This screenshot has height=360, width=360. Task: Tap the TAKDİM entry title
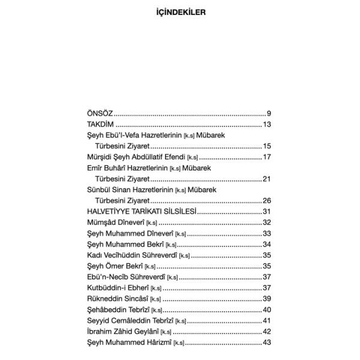click(101, 124)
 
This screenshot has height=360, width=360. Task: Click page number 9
click(269, 113)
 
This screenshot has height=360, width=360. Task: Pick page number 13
click(268, 124)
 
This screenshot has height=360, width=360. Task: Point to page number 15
click(268, 146)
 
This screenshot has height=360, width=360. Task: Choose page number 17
click(268, 157)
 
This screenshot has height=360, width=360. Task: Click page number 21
click(268, 179)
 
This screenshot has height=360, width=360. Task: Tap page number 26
click(268, 200)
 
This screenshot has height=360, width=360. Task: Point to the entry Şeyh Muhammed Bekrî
click(129, 244)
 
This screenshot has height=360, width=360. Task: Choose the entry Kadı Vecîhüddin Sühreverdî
click(137, 255)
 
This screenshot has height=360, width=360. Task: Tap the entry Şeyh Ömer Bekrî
click(121, 266)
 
